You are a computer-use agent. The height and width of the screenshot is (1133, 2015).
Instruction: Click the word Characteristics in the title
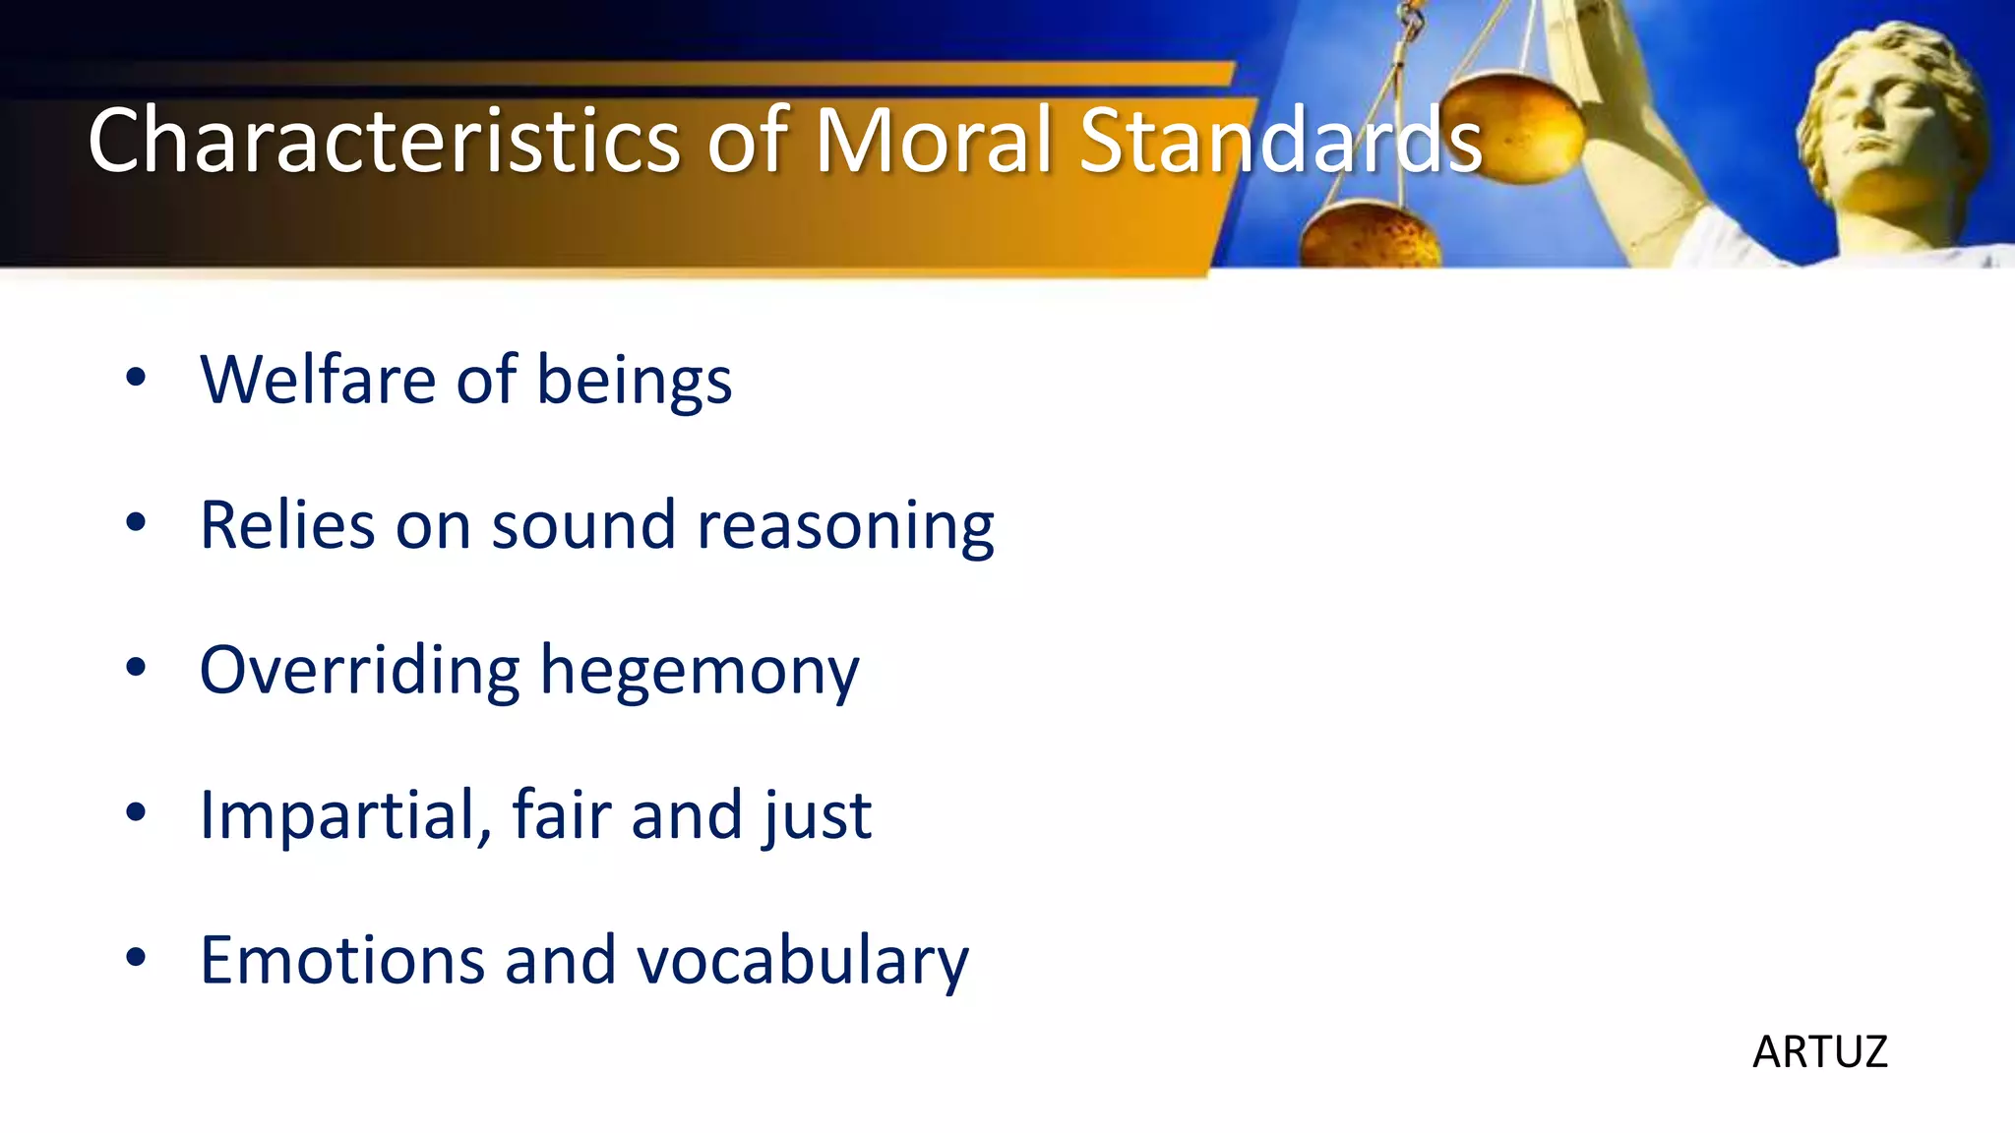384,140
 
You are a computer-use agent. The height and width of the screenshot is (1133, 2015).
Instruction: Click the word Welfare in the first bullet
317,380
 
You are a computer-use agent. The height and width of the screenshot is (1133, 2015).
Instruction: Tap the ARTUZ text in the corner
1819,1052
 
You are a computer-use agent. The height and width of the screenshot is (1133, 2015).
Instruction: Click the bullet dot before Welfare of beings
136,377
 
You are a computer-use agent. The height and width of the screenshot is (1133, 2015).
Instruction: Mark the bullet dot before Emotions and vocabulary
136,957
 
